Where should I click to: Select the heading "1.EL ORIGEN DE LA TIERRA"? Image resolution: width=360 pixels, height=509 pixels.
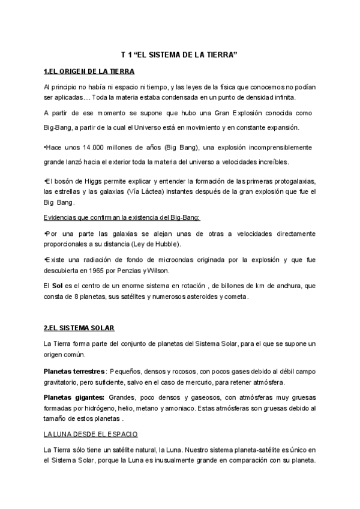click(89, 71)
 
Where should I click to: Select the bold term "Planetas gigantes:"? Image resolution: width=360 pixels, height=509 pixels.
click(74, 398)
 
